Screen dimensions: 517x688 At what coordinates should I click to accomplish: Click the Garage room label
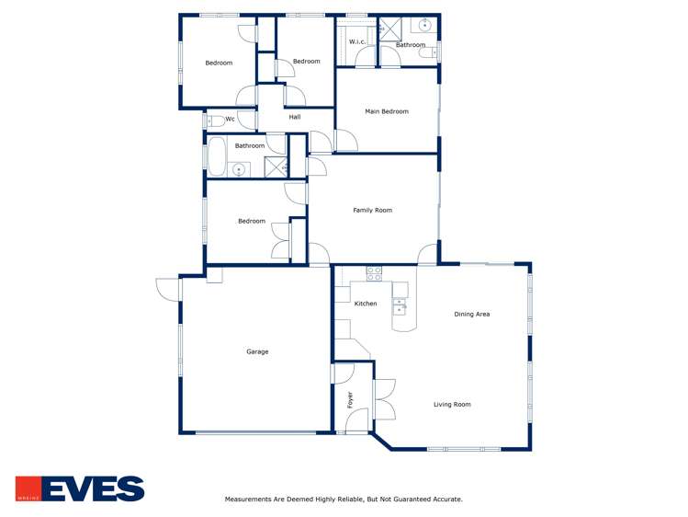[x=257, y=351]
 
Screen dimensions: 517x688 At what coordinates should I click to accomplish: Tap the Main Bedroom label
[x=387, y=111]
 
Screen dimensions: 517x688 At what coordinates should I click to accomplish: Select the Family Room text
[x=373, y=210]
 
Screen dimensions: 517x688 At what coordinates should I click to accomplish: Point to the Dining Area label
[x=472, y=314]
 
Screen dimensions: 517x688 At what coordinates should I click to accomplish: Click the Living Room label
[x=453, y=404]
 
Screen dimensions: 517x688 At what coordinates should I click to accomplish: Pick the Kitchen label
[x=366, y=304]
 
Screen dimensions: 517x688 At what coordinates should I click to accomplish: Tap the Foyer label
[x=350, y=399]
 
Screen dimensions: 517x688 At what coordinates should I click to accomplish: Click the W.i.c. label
[x=357, y=41]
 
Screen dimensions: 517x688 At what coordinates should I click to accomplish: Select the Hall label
[x=295, y=117]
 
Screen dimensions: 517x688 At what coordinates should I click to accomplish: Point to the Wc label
[x=230, y=119]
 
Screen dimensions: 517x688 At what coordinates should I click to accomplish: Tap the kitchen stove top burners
[x=375, y=273]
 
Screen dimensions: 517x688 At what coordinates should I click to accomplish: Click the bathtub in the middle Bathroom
[x=216, y=157]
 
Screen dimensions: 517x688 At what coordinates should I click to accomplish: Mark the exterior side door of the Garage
[x=166, y=289]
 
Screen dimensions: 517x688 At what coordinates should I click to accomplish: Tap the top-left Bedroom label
[x=219, y=63]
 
